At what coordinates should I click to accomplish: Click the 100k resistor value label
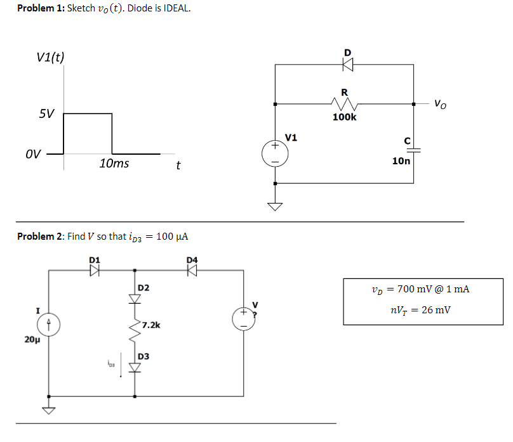pyautogui.click(x=344, y=117)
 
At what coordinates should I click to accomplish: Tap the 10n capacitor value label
pyautogui.click(x=401, y=161)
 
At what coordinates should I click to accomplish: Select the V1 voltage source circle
pyautogui.click(x=275, y=154)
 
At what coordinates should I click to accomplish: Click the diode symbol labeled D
pyautogui.click(x=347, y=63)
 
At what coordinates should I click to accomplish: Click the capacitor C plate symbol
pyautogui.click(x=414, y=150)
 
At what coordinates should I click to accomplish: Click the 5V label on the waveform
pyautogui.click(x=46, y=115)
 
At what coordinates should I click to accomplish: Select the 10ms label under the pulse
pyautogui.click(x=114, y=164)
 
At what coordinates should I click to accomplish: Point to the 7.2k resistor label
pyautogui.click(x=151, y=325)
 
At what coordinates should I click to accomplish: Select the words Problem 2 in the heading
pyautogui.click(x=36, y=237)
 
